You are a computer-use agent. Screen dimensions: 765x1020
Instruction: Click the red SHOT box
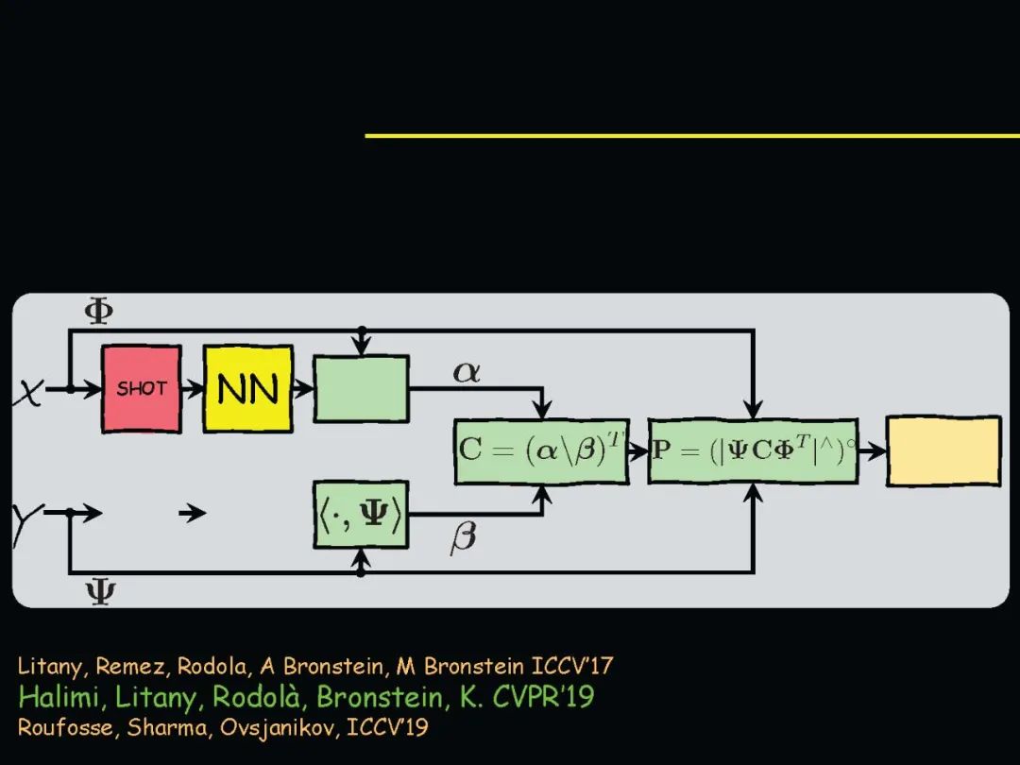141,388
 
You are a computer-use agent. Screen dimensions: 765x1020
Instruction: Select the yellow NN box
247,388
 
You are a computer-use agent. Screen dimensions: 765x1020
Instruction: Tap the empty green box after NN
361,388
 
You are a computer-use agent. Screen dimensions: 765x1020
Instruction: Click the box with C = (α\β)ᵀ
541,450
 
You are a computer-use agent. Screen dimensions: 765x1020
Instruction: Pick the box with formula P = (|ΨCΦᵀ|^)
753,450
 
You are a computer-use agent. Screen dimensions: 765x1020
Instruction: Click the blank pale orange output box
943,451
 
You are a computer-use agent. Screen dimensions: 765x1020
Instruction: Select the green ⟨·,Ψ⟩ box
361,514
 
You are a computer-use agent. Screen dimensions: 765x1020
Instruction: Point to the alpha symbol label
467,372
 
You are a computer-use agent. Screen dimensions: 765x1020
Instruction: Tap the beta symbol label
463,538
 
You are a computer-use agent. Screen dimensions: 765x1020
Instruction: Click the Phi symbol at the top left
99,311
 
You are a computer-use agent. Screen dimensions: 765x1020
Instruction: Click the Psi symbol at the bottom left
100,593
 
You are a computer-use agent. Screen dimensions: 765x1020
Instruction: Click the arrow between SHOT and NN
192,388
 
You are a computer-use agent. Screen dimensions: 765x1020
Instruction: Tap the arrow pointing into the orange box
873,450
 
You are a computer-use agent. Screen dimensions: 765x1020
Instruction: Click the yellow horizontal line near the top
691,136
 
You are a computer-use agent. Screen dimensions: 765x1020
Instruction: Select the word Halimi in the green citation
56,697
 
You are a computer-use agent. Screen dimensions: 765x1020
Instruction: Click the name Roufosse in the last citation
60,728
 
